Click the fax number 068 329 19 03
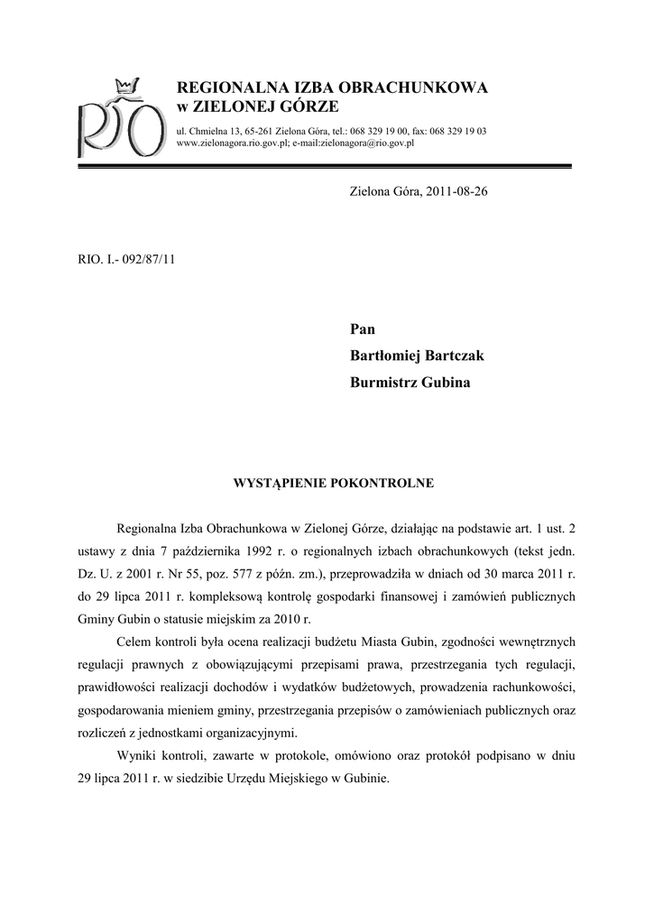[x=457, y=131]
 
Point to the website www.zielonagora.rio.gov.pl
[x=233, y=143]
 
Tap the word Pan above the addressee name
[x=362, y=329]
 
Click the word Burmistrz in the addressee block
[x=382, y=382]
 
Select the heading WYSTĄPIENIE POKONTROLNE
[x=334, y=483]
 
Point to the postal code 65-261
[x=258, y=131]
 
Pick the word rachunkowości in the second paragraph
[x=530, y=687]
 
